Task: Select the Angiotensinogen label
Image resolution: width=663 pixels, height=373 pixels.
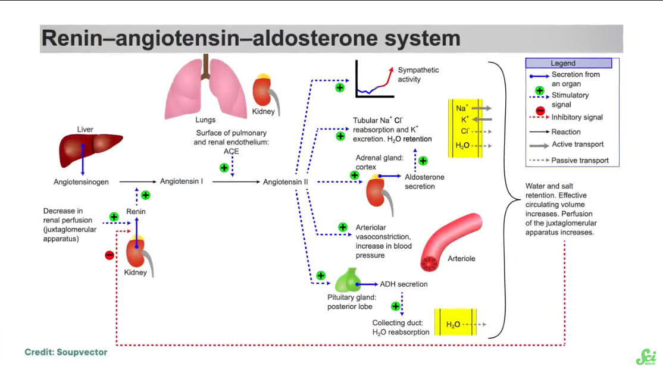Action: click(82, 182)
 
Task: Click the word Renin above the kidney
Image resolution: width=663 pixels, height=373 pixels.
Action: click(136, 211)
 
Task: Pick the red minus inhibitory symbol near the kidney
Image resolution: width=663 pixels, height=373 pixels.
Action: click(109, 255)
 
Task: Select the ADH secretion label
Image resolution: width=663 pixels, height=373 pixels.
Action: click(404, 284)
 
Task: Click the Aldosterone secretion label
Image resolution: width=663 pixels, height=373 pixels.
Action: click(424, 181)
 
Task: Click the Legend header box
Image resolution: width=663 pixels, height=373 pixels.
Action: click(568, 63)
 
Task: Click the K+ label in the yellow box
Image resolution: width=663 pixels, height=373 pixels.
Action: click(462, 120)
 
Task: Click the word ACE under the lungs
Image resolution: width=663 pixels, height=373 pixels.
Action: click(231, 152)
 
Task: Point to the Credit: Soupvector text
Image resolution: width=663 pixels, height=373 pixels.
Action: click(66, 352)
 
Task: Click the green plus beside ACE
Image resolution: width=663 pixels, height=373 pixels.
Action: click(224, 168)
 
